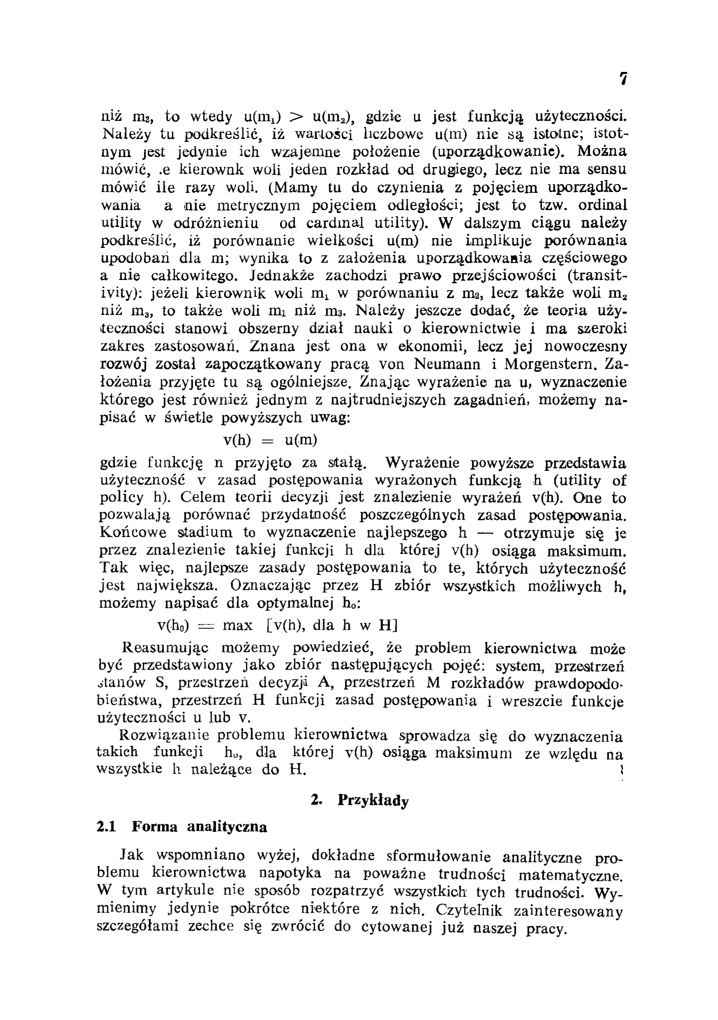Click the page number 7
coord(623,79)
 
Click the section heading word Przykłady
coord(373,800)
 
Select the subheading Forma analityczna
coord(199,827)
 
